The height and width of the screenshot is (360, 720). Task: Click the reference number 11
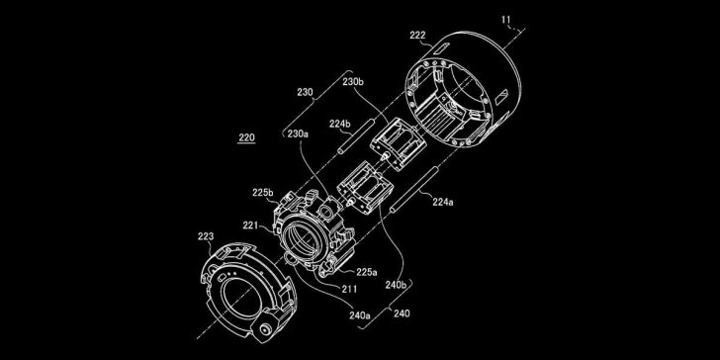click(x=507, y=19)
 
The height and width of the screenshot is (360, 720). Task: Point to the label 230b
click(x=353, y=83)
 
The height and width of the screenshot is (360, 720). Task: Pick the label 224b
click(x=340, y=124)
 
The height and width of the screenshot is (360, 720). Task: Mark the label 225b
click(x=262, y=192)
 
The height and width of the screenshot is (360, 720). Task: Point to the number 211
click(x=350, y=289)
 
